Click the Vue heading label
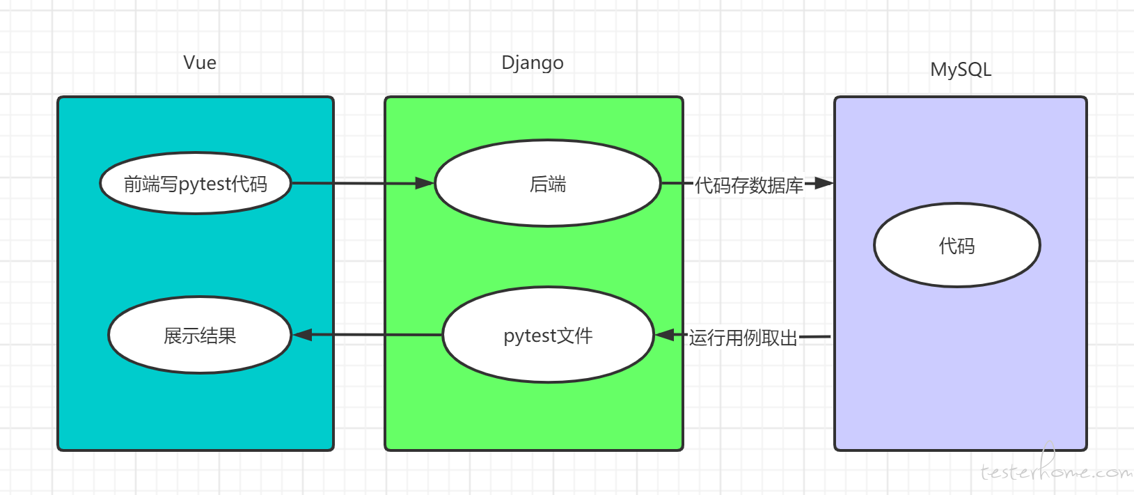click(x=200, y=63)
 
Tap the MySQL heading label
click(x=961, y=70)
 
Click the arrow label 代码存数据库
click(x=749, y=185)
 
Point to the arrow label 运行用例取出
click(x=743, y=338)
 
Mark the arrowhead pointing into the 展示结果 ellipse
click(x=302, y=335)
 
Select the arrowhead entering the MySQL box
click(x=824, y=183)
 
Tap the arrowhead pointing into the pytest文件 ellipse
click(x=665, y=335)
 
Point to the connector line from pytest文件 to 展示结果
click(x=368, y=335)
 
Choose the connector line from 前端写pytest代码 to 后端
click(x=363, y=183)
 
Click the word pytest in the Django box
click(x=530, y=336)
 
